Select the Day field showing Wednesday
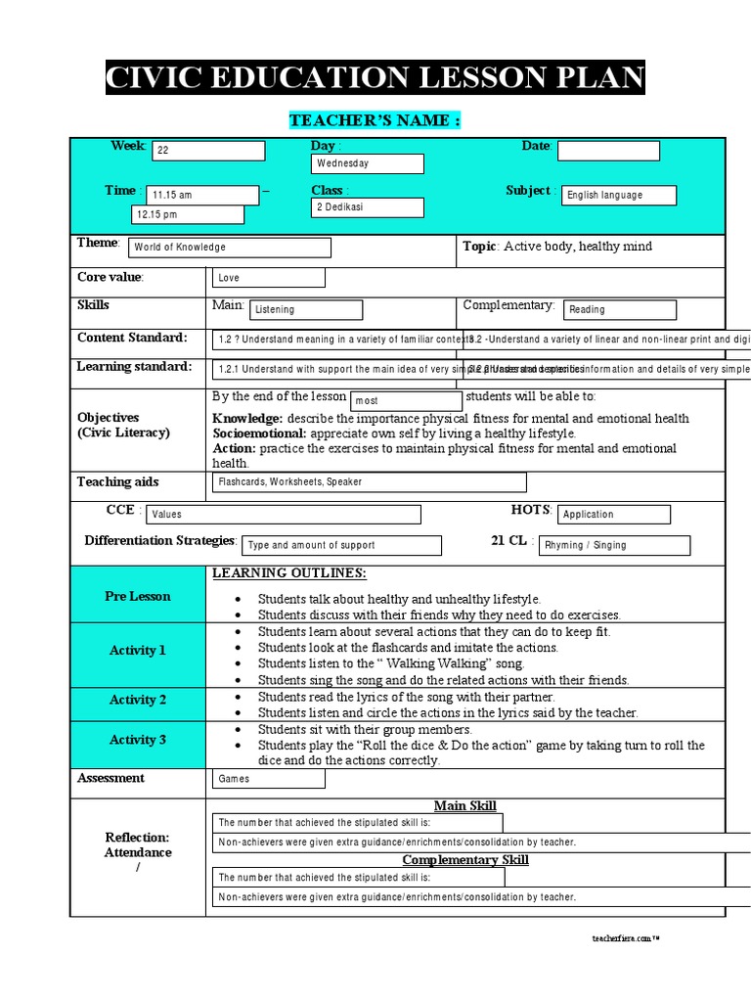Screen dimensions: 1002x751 coord(367,163)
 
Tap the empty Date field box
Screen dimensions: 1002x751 coord(608,151)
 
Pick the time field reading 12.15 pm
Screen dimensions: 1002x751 coord(188,214)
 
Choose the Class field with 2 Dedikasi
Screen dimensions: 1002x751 coord(367,207)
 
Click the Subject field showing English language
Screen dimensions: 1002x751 coord(619,195)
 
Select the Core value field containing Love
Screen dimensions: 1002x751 coord(268,278)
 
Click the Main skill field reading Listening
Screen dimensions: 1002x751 coord(305,310)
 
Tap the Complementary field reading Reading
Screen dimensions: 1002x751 coord(618,310)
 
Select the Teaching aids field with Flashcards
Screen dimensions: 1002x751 coord(369,482)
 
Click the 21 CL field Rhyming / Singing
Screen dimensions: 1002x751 coord(613,546)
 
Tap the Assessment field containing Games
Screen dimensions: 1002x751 coord(268,779)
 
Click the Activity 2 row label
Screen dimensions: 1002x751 coord(138,700)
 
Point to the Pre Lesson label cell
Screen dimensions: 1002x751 coord(138,596)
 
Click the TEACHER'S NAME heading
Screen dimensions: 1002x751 coord(375,120)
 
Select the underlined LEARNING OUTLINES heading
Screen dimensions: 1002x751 coord(289,573)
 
